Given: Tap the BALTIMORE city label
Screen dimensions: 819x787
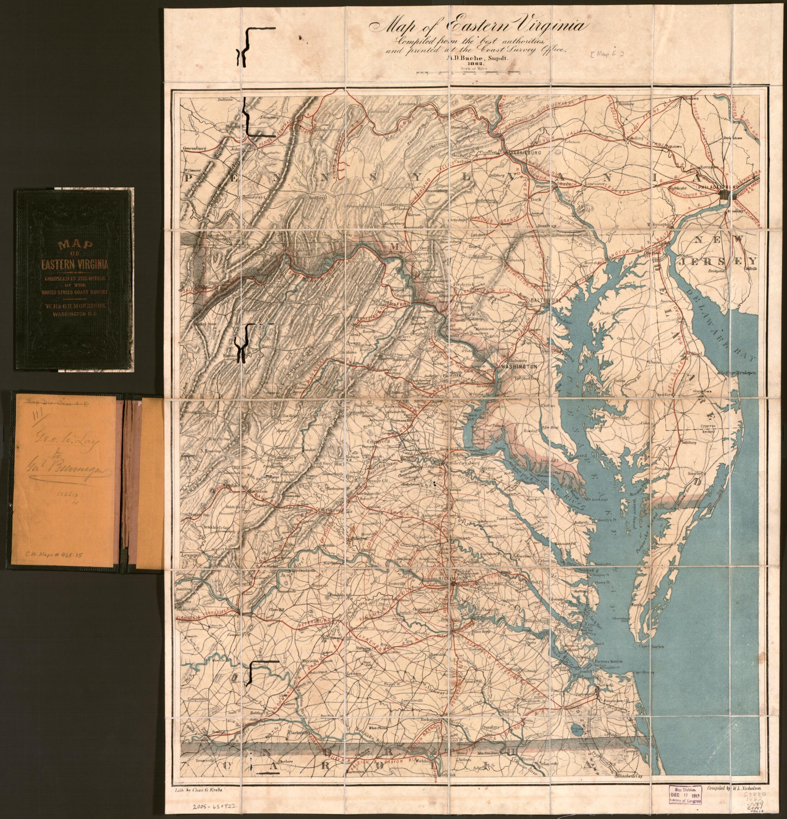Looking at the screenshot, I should click(542, 301).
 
